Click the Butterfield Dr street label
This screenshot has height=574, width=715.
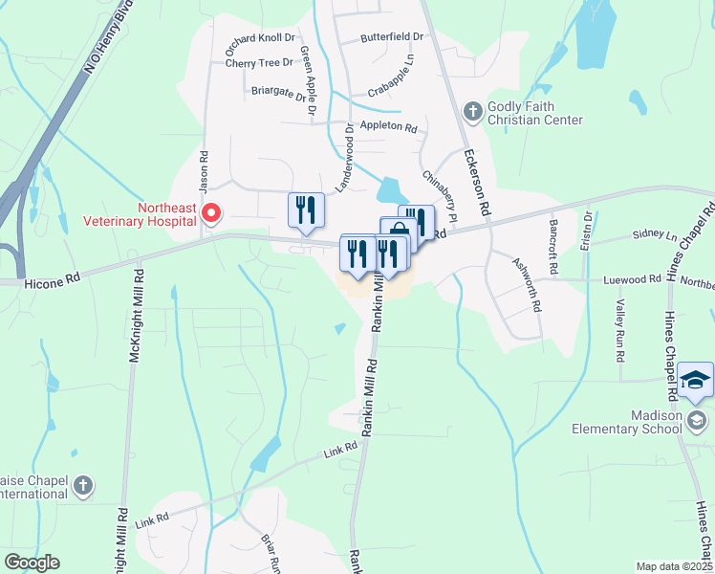point(392,36)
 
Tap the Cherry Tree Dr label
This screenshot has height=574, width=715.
point(259,63)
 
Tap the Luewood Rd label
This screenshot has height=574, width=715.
point(632,279)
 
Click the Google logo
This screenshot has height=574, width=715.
point(32,563)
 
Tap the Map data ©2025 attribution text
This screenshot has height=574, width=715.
point(674,566)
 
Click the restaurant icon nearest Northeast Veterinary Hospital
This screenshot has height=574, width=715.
point(306,210)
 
